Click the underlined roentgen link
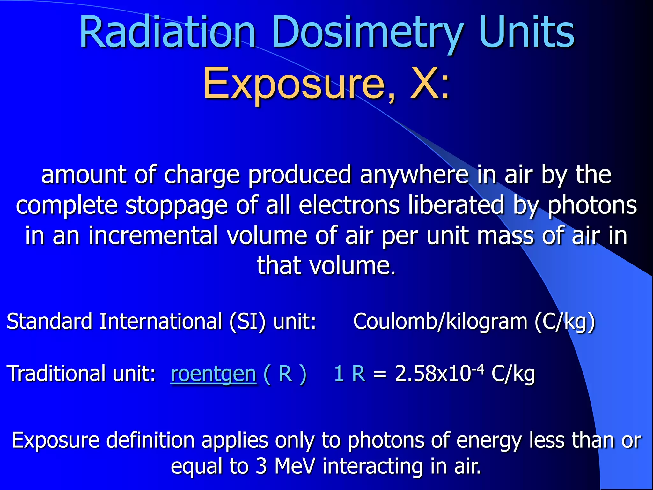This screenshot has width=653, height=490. (x=213, y=374)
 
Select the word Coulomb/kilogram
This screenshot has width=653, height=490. (x=440, y=322)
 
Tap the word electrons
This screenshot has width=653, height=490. (x=349, y=205)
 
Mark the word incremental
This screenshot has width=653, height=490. (x=153, y=235)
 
